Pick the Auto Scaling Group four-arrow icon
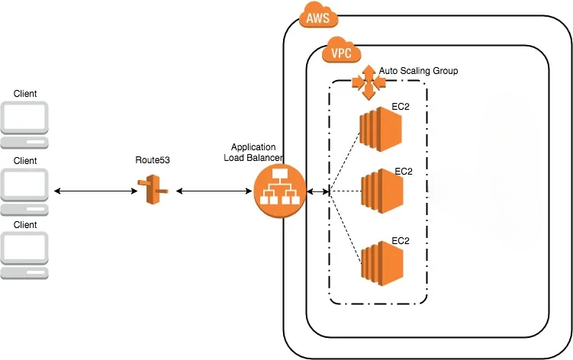coord(368,82)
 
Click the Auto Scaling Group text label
coord(419,70)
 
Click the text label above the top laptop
coord(25,94)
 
